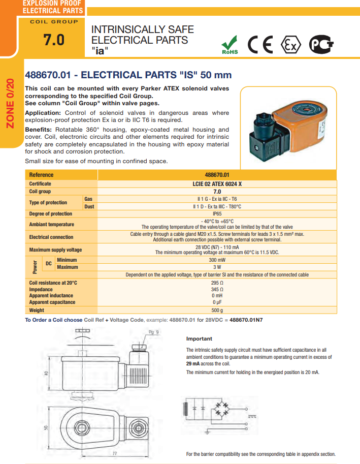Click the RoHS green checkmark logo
[x=231, y=45]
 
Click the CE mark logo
[x=260, y=45]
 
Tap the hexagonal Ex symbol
[x=290, y=45]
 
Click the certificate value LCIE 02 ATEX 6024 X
[x=217, y=183]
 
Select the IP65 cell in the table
[x=217, y=214]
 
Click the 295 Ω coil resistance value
[x=217, y=283]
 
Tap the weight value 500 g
[x=217, y=310]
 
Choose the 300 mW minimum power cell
[x=217, y=260]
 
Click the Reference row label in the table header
[x=41, y=175]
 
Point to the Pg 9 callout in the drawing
[x=154, y=332]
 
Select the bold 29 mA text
[x=193, y=364]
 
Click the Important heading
[x=199, y=338]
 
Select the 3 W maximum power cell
[x=217, y=267]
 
